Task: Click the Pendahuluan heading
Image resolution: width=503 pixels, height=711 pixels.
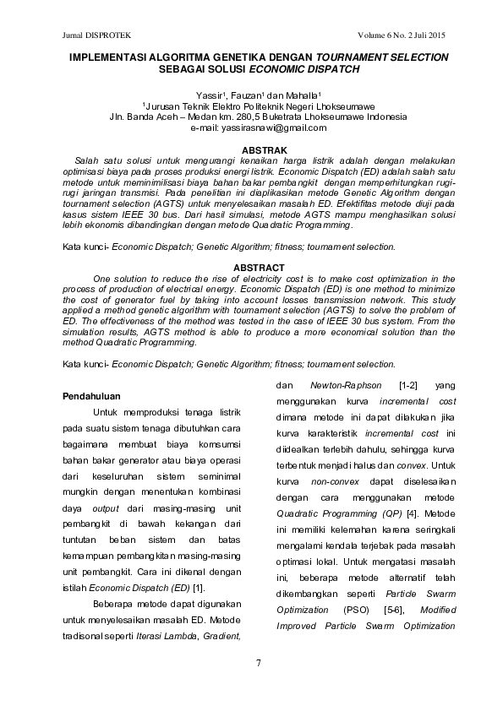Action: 93,395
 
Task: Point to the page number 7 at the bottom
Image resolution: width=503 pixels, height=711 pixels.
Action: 251,661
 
